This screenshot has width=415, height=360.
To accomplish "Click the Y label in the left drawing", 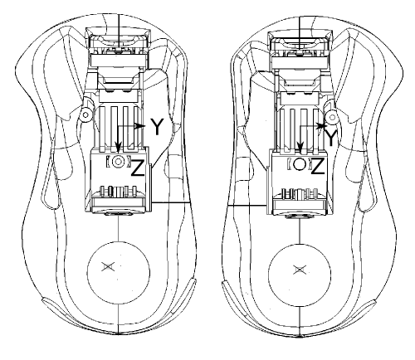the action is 157,127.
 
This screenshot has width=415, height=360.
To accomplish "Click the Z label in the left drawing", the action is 137,167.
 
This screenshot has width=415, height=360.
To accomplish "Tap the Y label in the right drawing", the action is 330,138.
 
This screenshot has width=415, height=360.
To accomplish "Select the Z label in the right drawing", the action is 318,166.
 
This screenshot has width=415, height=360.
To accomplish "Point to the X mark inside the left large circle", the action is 108,267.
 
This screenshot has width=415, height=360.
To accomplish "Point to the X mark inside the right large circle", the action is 300,270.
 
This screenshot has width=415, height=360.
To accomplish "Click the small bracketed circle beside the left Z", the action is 119,161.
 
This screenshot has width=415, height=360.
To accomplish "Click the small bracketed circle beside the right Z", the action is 300,164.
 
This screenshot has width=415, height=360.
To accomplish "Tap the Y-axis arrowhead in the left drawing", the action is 140,126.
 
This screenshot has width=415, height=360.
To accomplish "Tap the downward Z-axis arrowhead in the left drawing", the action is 119,147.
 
